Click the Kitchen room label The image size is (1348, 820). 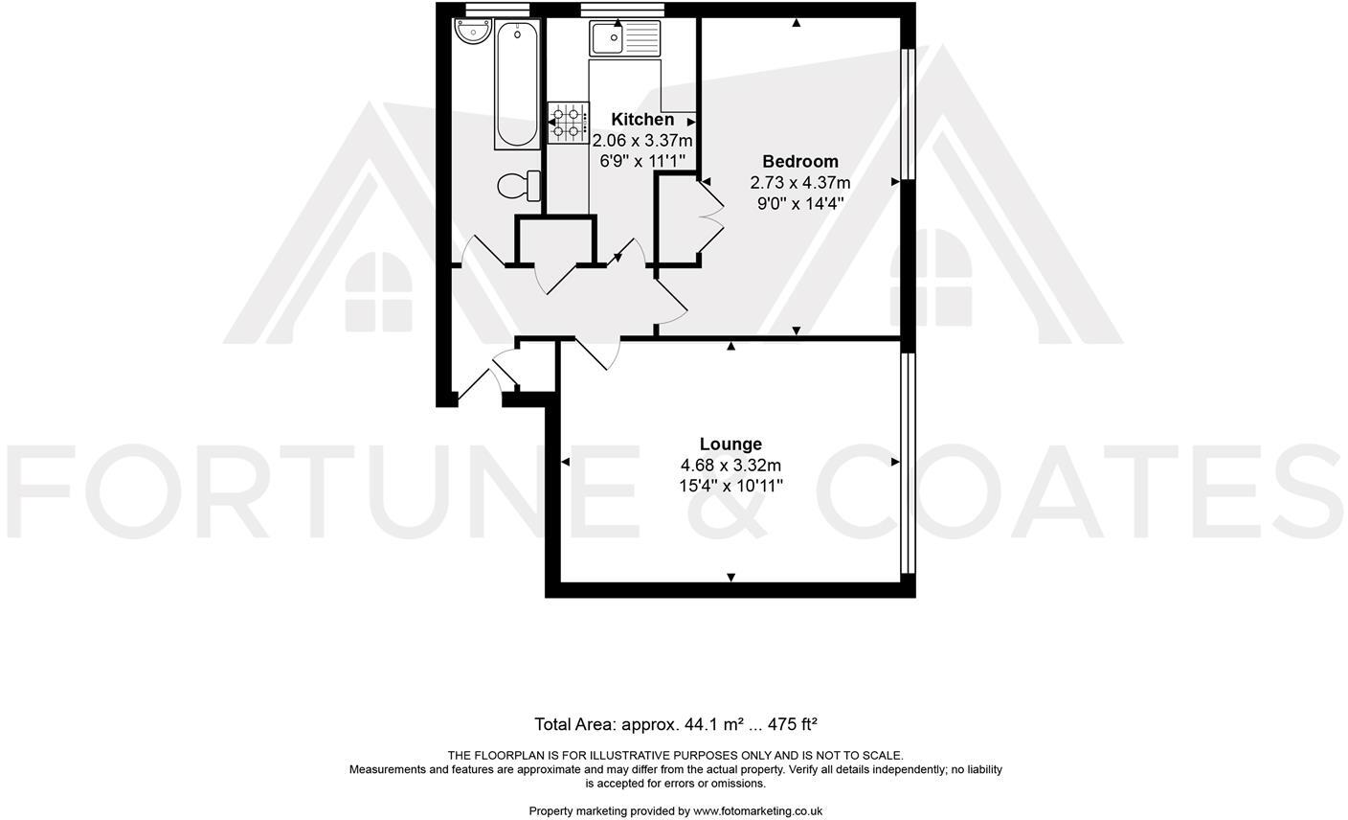(x=642, y=120)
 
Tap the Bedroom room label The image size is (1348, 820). (x=799, y=161)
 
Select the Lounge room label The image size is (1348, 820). (x=730, y=444)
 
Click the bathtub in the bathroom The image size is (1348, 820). (x=517, y=84)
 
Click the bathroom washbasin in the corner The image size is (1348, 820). (x=471, y=33)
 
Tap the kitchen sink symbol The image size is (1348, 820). (x=625, y=37)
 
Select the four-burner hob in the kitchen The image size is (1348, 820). (x=567, y=124)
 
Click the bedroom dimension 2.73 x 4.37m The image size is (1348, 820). (x=799, y=182)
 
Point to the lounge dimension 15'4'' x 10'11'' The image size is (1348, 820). (x=730, y=486)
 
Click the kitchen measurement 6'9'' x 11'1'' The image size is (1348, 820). (x=642, y=161)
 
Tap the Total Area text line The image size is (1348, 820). (x=675, y=724)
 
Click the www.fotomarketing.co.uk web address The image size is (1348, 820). (x=757, y=810)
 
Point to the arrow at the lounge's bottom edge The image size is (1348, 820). (x=730, y=577)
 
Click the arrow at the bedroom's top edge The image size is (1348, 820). (x=797, y=23)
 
